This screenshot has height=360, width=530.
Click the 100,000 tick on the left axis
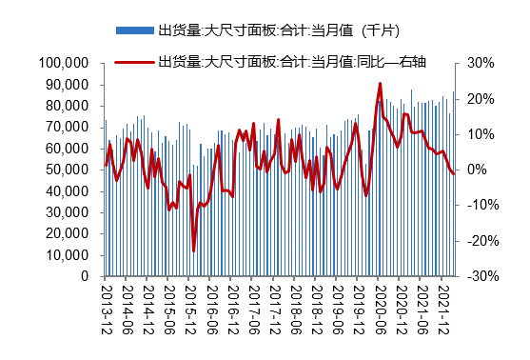[67, 63]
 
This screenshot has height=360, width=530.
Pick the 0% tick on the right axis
[479, 170]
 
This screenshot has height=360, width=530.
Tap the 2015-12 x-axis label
[190, 303]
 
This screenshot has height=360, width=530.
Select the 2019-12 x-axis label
[359, 303]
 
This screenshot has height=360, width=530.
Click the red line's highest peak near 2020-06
[380, 84]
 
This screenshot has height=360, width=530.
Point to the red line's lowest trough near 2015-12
[193, 250]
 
